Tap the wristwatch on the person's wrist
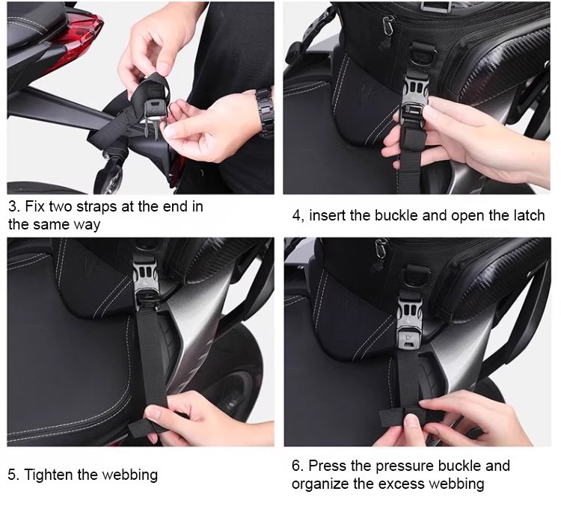coord(265,111)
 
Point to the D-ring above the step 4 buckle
coord(423,55)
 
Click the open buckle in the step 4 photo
coord(415,104)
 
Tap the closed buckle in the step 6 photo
coord(409,321)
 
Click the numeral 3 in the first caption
coord(13,206)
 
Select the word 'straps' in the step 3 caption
coord(97,207)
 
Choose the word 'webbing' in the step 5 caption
coord(129,475)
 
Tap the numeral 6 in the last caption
coord(296,466)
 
